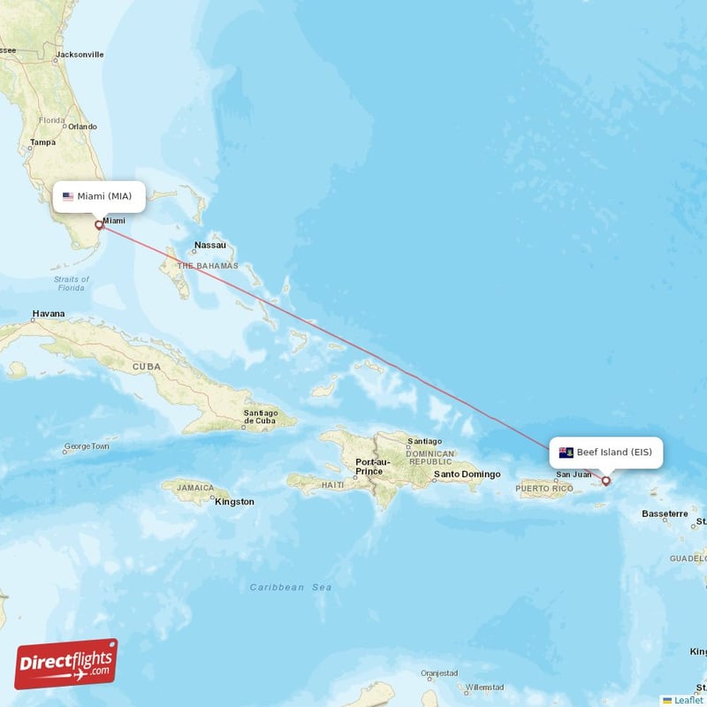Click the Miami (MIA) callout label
[x=98, y=196]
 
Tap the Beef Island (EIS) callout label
[x=605, y=452]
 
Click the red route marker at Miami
[x=99, y=225]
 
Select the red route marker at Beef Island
[x=605, y=481]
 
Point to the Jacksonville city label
[x=80, y=55]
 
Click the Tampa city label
[x=42, y=142]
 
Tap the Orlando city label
[x=83, y=126]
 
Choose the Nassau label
[x=210, y=245]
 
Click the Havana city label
[x=49, y=314]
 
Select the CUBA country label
[x=147, y=366]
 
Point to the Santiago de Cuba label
[x=260, y=416]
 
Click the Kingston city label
[x=234, y=502]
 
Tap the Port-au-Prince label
[x=371, y=466]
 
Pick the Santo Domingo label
[x=467, y=475]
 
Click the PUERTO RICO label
[x=545, y=488]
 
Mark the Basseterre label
[x=665, y=513]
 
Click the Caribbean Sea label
[x=291, y=587]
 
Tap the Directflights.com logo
[x=66, y=664]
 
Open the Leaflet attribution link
[x=688, y=700]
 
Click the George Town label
[x=86, y=447]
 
